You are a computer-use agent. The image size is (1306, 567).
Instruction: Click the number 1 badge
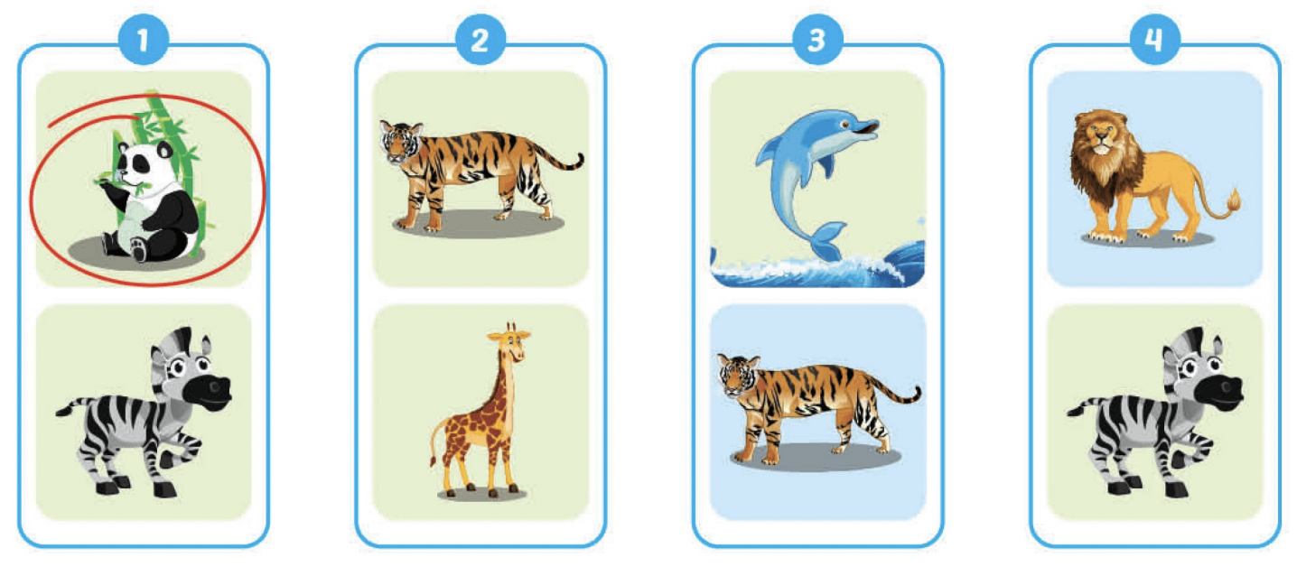click(x=144, y=40)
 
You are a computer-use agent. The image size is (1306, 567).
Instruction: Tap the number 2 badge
click(x=480, y=40)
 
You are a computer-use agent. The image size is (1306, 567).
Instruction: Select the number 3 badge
click(x=817, y=40)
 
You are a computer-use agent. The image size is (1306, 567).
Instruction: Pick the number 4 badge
click(x=1155, y=40)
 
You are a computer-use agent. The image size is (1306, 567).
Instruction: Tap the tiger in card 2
click(x=481, y=175)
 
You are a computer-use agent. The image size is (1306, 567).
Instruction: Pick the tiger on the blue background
click(x=818, y=408)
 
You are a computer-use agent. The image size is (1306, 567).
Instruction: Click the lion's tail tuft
click(x=1233, y=201)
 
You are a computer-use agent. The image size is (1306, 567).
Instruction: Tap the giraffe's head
click(x=509, y=341)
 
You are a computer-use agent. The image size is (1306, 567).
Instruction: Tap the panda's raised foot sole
click(x=139, y=249)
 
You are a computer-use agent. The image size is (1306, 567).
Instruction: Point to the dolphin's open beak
click(x=867, y=129)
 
